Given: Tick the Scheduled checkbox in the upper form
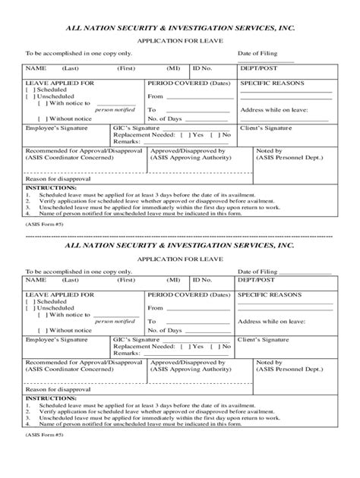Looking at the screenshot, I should click(x=30, y=88).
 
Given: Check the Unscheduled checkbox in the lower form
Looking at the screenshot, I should click(x=30, y=308).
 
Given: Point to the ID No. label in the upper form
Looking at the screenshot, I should click(x=201, y=68).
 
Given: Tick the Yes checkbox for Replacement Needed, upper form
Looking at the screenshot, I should click(x=186, y=134).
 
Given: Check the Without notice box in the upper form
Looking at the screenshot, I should click(x=43, y=118).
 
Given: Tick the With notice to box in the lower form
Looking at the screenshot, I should click(x=43, y=315).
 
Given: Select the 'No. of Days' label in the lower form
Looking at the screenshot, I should click(x=164, y=330).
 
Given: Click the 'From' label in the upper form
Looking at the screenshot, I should click(x=156, y=96).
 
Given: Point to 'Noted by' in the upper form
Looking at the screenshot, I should click(x=270, y=151).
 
